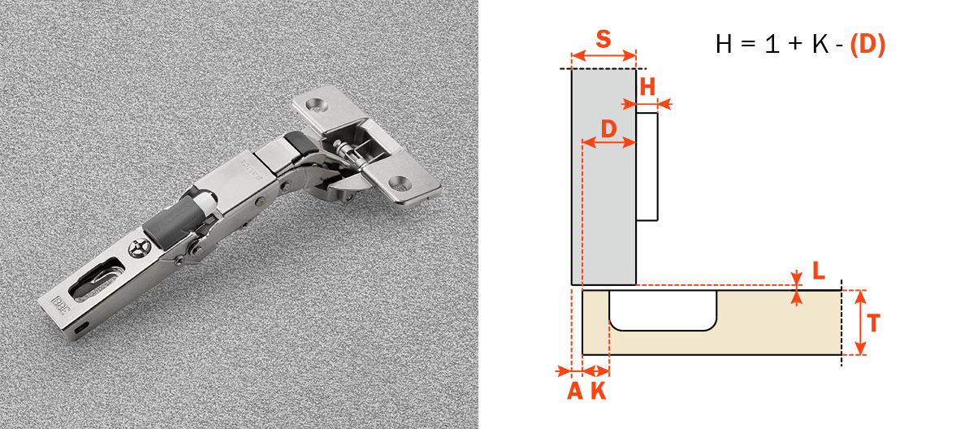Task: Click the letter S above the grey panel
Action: [x=603, y=40]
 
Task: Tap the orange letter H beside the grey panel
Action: [x=647, y=87]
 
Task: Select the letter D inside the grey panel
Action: [x=608, y=128]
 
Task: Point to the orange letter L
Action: [x=818, y=271]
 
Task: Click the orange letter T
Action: [x=874, y=323]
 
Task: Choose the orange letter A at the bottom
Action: [x=574, y=391]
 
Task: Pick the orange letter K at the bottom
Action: [x=599, y=391]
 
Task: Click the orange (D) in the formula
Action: [x=867, y=45]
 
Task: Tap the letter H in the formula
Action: [x=724, y=45]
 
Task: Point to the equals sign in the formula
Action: [x=748, y=45]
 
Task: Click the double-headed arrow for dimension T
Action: [x=859, y=323]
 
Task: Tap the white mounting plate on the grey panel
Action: [x=647, y=166]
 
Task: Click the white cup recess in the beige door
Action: [x=663, y=311]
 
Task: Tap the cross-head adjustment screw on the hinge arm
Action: [x=140, y=249]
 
